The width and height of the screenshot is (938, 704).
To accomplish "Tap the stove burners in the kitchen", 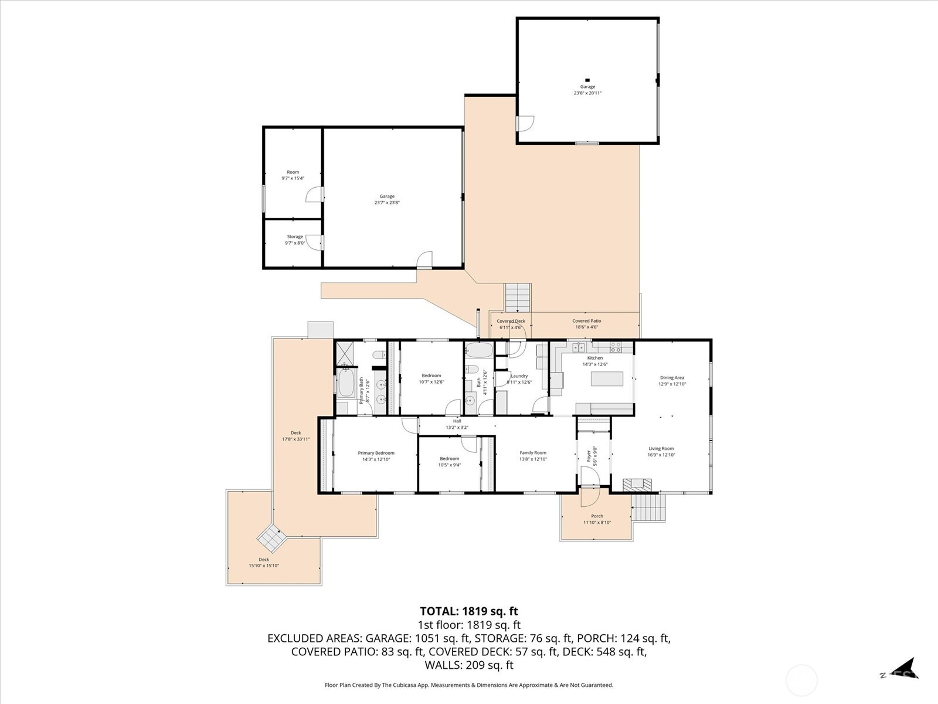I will [616, 347].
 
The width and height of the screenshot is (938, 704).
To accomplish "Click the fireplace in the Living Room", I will [637, 485].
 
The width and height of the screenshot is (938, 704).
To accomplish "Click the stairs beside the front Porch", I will [650, 507].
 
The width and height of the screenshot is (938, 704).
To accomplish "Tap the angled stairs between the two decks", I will [272, 536].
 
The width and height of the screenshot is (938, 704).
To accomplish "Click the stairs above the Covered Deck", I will [518, 297].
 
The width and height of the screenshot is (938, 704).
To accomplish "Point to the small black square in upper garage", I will [586, 80].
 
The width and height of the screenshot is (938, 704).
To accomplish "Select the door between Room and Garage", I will [315, 195].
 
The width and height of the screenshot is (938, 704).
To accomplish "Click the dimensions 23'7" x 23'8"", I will [387, 203].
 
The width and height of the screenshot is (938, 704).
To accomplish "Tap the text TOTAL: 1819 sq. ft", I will [469, 612].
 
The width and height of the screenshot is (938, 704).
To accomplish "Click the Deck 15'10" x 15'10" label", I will [264, 563].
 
